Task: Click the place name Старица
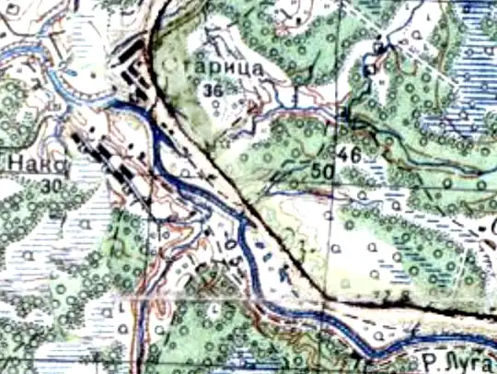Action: click(x=219, y=69)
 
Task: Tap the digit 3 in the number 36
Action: click(x=209, y=89)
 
